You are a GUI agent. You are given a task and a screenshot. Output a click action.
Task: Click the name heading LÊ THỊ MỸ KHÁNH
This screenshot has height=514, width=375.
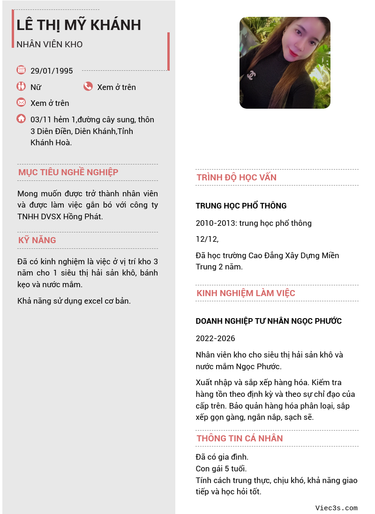coord(79,25)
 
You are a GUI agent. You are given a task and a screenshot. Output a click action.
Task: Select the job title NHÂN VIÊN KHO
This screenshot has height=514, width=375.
coord(50,45)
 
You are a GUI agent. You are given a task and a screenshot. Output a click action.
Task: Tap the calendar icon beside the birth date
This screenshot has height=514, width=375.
coord(21,70)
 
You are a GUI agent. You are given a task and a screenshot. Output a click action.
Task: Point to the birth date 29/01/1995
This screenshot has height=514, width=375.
coord(52,71)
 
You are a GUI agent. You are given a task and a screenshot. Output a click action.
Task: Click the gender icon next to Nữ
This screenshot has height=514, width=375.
coord(21,86)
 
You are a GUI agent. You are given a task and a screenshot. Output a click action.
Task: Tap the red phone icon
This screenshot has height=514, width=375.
coord(88,86)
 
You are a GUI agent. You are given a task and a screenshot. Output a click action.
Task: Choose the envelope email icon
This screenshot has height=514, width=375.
coord(21,102)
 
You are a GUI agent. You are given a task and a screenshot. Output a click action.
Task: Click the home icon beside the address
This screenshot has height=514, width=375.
coord(21,119)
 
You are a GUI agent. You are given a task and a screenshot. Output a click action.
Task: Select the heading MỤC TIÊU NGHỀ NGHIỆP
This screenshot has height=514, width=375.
coord(68,172)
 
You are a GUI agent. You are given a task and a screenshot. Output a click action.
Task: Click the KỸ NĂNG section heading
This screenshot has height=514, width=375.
coord(37,240)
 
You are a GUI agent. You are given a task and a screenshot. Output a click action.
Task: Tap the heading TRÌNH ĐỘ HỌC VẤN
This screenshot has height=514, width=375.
coord(237,178)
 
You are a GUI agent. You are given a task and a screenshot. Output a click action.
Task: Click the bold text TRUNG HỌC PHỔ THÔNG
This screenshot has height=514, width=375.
coord(241,206)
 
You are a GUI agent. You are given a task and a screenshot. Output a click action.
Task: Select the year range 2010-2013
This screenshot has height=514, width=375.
coord(216,223)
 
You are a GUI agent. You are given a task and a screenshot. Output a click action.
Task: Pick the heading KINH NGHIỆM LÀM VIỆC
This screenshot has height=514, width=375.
coord(246,293)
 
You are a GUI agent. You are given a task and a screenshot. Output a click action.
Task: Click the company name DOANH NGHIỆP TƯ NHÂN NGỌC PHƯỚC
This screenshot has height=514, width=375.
coord(269,321)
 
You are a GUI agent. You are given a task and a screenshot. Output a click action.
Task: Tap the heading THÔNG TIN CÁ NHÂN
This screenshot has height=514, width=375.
coord(240,439)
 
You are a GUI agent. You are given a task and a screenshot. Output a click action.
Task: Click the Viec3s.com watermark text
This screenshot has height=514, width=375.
coord(337,508)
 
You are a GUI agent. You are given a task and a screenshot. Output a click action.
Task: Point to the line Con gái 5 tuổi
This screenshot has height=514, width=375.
coord(221,469)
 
